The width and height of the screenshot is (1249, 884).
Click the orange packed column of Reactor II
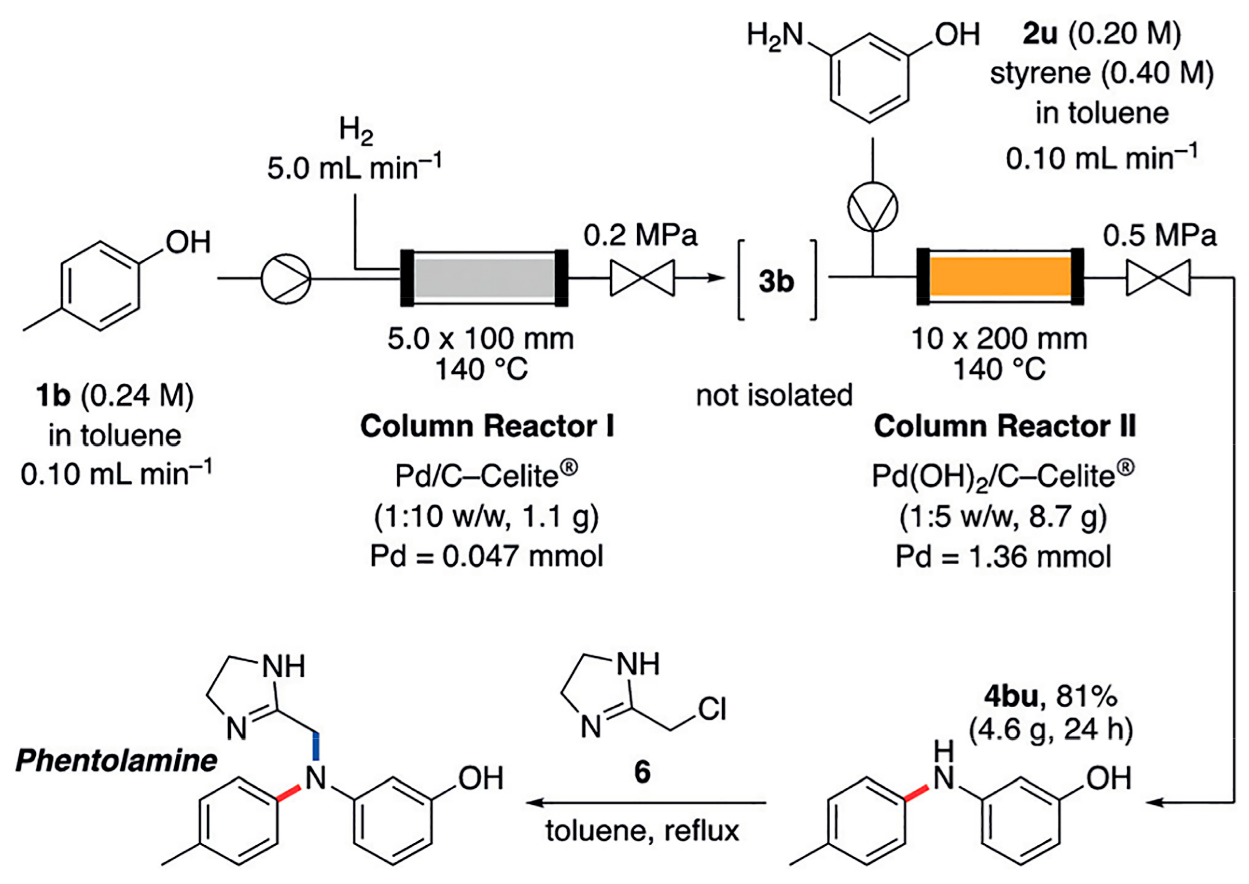[x=1000, y=276]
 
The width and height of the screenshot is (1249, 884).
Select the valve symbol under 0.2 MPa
[x=642, y=277]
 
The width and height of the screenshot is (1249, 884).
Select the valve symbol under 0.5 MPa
[x=1158, y=277]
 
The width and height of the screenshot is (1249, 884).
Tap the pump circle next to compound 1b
[x=286, y=278]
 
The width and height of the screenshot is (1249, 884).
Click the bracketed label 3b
[x=777, y=281]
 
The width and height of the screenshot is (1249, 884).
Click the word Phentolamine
[x=116, y=760]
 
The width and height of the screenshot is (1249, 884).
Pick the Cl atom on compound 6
[x=712, y=709]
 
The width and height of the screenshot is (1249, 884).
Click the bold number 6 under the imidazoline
[x=642, y=772]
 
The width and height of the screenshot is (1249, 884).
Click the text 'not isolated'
[x=774, y=396]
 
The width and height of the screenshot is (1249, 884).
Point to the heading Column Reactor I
[x=487, y=426]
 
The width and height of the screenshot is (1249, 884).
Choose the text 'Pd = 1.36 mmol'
[x=1003, y=557]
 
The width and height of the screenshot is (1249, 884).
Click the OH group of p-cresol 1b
[x=188, y=242]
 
